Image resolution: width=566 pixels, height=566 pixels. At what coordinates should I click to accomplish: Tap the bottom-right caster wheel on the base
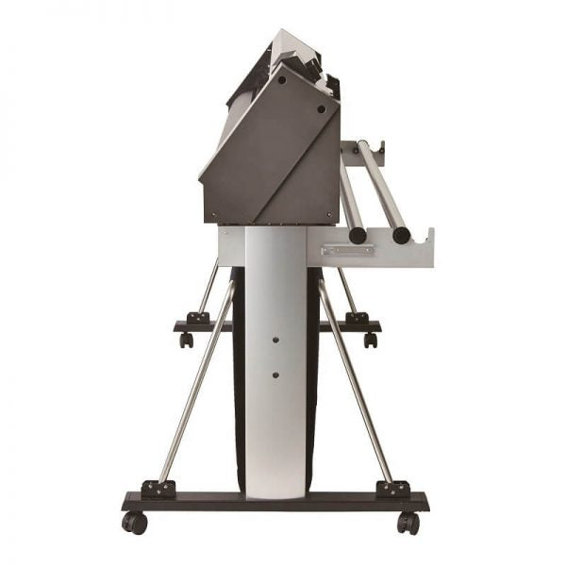[x=408, y=522]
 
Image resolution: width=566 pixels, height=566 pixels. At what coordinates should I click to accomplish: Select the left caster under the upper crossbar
[x=187, y=340]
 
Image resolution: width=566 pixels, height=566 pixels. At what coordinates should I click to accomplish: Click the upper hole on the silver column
[x=275, y=338]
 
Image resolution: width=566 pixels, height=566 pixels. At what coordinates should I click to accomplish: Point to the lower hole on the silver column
[x=275, y=375]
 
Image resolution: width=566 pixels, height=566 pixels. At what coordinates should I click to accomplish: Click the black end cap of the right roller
[x=401, y=235]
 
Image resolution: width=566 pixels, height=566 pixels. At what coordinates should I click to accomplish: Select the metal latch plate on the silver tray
[x=340, y=251]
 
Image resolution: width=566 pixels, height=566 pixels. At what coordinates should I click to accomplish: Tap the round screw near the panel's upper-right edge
[x=321, y=110]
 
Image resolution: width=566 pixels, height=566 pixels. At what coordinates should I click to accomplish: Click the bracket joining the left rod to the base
[x=158, y=488]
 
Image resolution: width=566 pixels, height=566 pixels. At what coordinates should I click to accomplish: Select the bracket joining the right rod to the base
[x=392, y=489]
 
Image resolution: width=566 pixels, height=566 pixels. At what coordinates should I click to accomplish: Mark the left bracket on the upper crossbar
[x=198, y=318]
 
